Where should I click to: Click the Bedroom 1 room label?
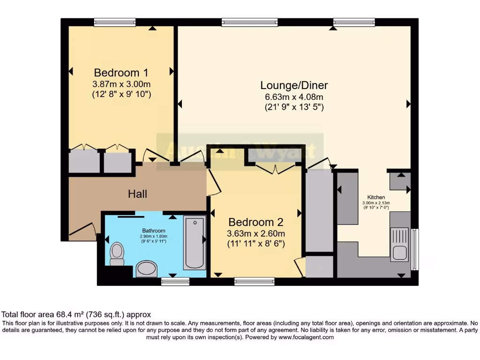pyautogui.click(x=121, y=73)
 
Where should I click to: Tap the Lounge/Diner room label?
pyautogui.click(x=294, y=85)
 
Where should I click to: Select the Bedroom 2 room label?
pyautogui.click(x=255, y=222)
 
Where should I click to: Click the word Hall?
pyautogui.click(x=137, y=194)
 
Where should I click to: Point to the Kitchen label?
pyautogui.click(x=375, y=197)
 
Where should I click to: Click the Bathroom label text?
pyautogui.click(x=154, y=231)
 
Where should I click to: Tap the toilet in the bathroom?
pyautogui.click(x=117, y=254)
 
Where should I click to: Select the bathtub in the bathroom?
pyautogui.click(x=194, y=242)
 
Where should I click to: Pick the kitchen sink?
pyautogui.click(x=399, y=244)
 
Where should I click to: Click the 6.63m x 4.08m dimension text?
pyautogui.click(x=294, y=97)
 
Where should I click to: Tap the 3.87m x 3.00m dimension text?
pyautogui.click(x=121, y=84)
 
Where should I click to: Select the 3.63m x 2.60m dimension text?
pyautogui.click(x=255, y=233)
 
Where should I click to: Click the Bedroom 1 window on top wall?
pyautogui.click(x=114, y=22)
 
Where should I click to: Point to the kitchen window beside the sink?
pyautogui.click(x=414, y=249)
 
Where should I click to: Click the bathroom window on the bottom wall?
pyautogui.click(x=175, y=281)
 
